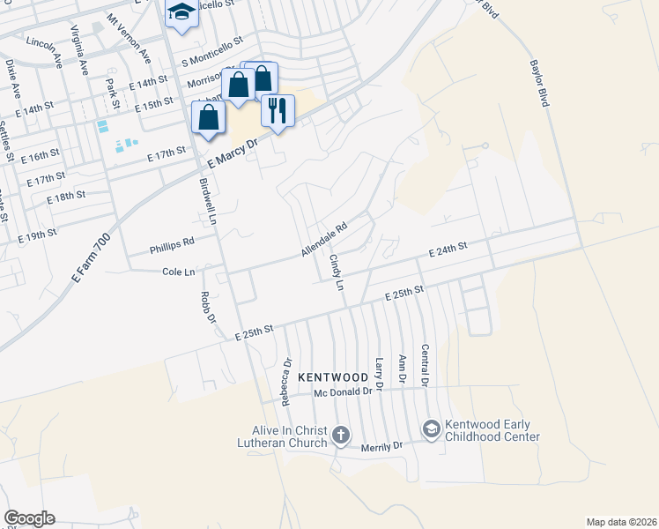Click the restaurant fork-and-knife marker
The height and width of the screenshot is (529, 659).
(278, 110)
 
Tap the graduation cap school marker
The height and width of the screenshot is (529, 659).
(181, 12)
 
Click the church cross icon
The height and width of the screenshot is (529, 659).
(341, 435)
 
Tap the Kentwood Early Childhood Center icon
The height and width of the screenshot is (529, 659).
(431, 429)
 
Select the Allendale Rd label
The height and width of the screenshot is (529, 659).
(324, 238)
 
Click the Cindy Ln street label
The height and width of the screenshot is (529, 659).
(336, 272)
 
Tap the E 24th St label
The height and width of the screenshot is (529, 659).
(447, 251)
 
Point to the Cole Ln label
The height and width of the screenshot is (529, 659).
(178, 272)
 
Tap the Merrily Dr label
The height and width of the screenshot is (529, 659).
(381, 447)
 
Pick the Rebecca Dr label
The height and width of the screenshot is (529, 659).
(285, 382)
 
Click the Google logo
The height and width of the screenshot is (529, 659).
(29, 518)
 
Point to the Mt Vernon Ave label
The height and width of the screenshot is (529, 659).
(129, 38)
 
